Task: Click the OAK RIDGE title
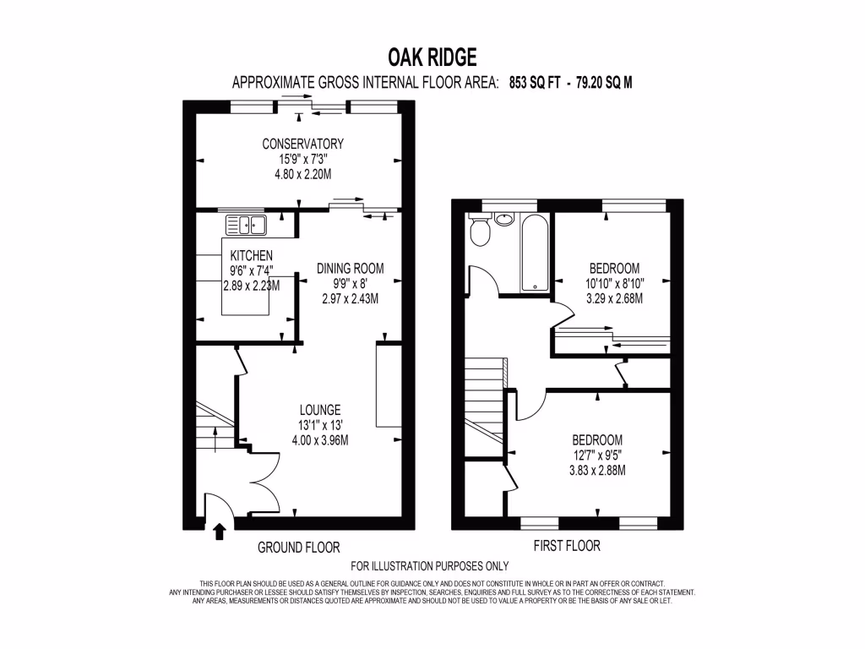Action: pos(432,57)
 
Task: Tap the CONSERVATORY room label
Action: pos(302,144)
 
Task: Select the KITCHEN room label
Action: pos(251,255)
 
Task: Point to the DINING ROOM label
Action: pos(350,269)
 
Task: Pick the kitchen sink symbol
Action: pos(246,225)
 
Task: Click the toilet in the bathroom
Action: pos(479,232)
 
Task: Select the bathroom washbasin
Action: pos(504,219)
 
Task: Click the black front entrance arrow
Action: pos(220,531)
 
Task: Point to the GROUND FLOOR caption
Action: pos(298,548)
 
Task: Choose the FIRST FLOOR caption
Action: pos(567,546)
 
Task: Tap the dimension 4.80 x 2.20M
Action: pos(302,174)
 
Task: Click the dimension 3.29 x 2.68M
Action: pos(614,298)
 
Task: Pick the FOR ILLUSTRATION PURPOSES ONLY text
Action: pos(430,566)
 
